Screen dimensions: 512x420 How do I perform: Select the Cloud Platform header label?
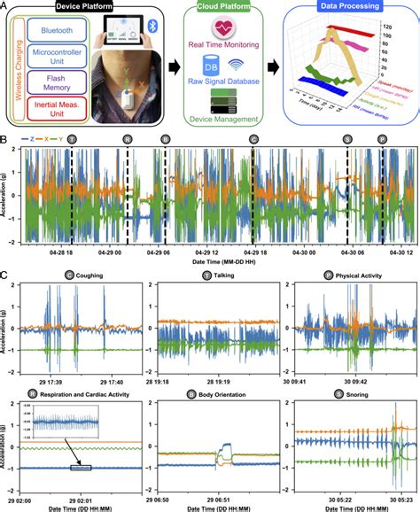(223, 6)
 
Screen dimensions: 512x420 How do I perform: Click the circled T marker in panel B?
(72, 141)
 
